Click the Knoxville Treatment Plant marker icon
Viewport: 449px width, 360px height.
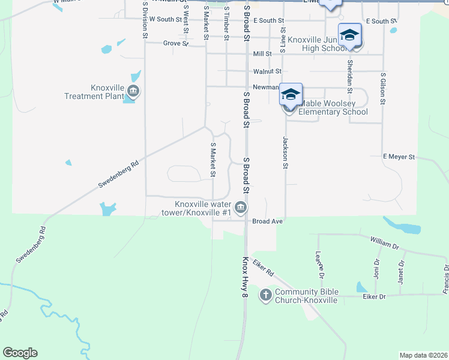[133, 92]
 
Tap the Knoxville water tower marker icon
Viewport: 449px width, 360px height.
[241, 208]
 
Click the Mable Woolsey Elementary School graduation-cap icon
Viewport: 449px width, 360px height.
[291, 95]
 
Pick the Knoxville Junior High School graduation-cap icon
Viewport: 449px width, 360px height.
[349, 35]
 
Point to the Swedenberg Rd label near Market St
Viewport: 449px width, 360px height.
[119, 174]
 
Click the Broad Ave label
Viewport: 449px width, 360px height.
[267, 221]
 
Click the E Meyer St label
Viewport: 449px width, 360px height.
[399, 157]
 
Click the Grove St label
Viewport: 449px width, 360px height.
[176, 44]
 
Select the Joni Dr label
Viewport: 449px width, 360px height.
[376, 271]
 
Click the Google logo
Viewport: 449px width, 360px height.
[20, 353]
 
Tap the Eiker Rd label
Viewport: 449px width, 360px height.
[263, 268]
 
